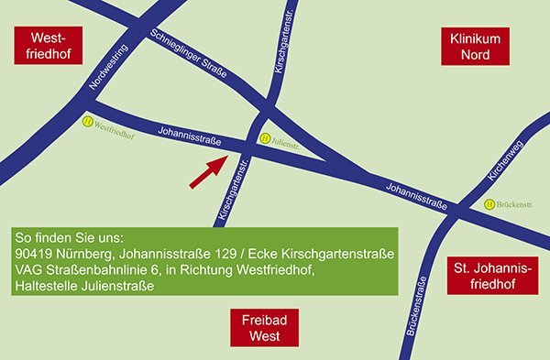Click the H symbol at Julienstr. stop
tap(265, 140)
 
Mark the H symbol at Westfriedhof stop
tap(86, 119)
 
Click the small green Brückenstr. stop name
tap(519, 204)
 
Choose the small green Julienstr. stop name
tap(286, 141)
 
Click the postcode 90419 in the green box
tap(36, 254)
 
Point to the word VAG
tap(29, 270)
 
